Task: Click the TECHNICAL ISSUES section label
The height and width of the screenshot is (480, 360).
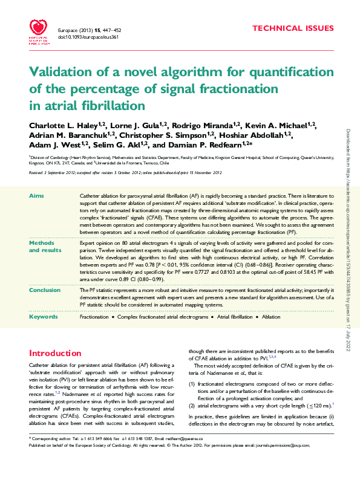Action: pos(293,28)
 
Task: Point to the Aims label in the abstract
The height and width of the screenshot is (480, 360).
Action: pos(36,197)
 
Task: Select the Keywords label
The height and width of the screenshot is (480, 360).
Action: pos(44,316)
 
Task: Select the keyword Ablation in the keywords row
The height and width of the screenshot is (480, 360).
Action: pos(271,316)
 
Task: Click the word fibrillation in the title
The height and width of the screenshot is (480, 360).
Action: pos(112,105)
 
